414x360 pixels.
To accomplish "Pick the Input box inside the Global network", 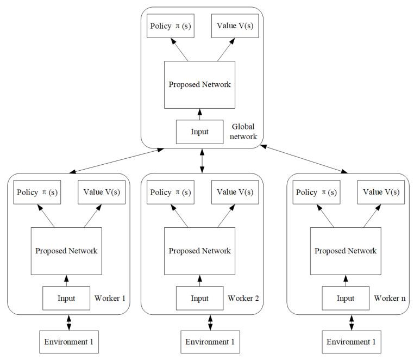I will point(200,132).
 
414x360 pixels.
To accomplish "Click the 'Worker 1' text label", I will point(110,299).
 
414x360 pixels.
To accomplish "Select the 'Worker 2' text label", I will point(243,299).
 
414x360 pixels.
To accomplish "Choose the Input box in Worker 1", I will point(66,298).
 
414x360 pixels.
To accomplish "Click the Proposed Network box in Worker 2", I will point(199,251).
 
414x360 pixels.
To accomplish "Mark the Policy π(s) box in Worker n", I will point(315,193).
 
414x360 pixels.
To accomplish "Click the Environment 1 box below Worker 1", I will point(68,342).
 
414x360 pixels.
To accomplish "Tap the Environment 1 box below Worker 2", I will point(211,342).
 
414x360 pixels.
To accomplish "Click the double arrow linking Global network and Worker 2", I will point(202,160).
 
